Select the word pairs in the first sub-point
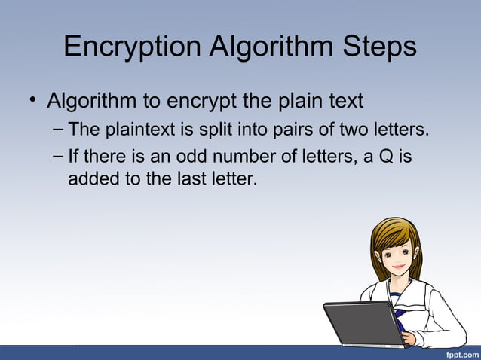(276, 131)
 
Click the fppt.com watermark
(461, 353)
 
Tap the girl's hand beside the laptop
(409, 337)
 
